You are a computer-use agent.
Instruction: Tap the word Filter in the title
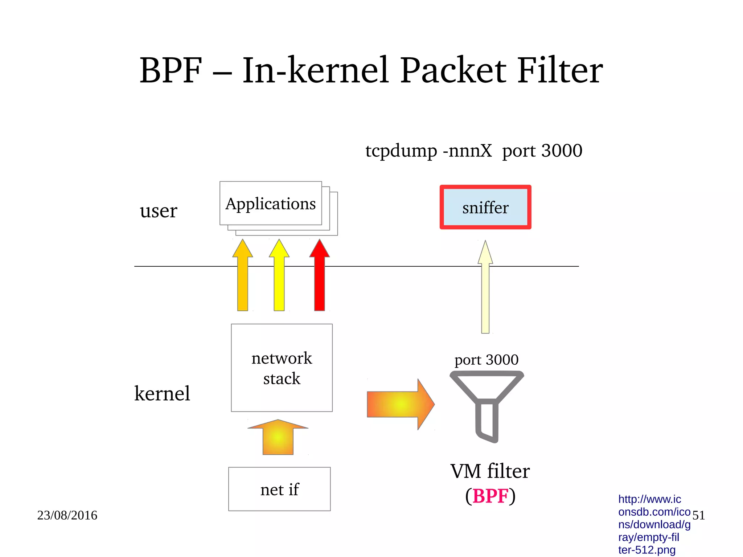click(x=559, y=71)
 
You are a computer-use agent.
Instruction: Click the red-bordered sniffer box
click(x=485, y=208)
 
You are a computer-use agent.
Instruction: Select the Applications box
click(x=270, y=204)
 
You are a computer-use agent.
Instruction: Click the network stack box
click(x=282, y=368)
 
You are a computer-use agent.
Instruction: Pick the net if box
click(x=279, y=489)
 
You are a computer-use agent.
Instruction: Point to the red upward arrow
click(x=319, y=276)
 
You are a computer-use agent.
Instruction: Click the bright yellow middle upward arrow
click(x=279, y=276)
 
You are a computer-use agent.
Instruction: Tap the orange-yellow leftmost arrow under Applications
click(x=242, y=276)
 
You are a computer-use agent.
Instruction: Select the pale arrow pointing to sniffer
click(x=485, y=290)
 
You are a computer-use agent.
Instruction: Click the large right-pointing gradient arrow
click(x=399, y=404)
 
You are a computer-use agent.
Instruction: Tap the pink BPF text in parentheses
click(x=490, y=496)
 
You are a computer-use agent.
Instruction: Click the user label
click(x=158, y=211)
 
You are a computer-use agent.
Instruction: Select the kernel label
click(x=162, y=393)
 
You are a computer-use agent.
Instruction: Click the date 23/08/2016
click(x=67, y=515)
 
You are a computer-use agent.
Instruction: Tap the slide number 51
click(x=698, y=515)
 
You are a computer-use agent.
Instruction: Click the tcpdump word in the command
click(x=401, y=151)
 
